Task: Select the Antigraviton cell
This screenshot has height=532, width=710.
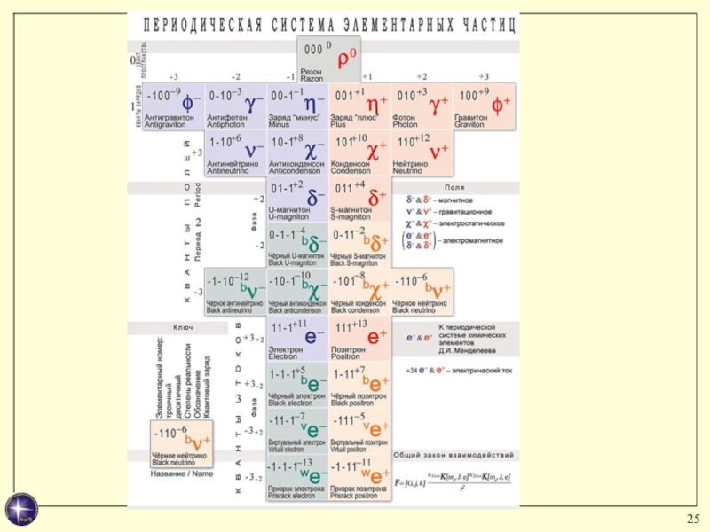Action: [174, 106]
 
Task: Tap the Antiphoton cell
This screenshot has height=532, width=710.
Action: [235, 106]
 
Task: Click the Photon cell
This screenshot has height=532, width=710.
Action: [422, 106]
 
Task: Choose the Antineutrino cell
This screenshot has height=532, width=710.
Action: [235, 152]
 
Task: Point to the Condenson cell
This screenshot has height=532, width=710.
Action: [359, 152]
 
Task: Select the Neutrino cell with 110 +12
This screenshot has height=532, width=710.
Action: [422, 152]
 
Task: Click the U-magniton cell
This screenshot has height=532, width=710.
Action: [297, 200]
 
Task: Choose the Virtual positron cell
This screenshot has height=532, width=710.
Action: [359, 432]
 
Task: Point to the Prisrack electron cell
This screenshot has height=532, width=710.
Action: [297, 479]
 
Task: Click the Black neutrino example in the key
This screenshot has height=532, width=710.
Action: [181, 442]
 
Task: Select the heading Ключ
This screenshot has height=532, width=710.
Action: [183, 327]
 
